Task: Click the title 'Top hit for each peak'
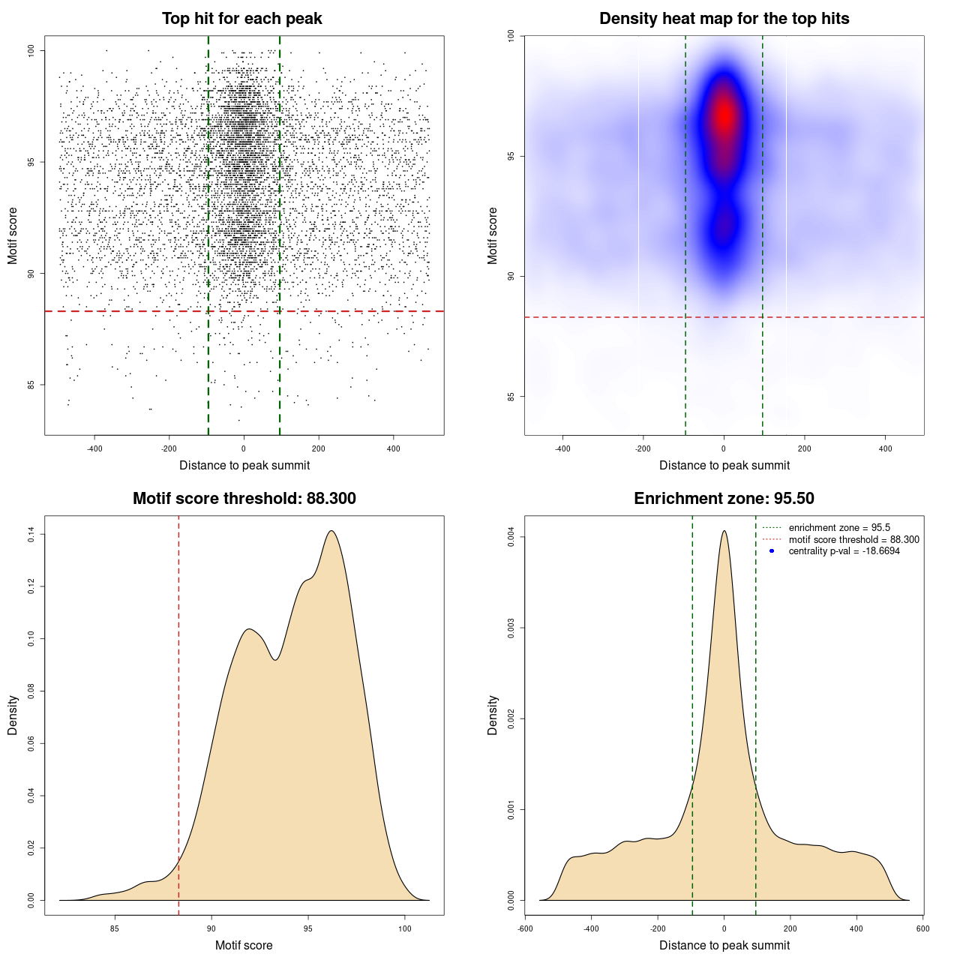pos(242,19)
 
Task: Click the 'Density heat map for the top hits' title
pos(724,19)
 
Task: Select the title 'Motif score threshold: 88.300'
pos(244,499)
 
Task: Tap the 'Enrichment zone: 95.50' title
pos(724,499)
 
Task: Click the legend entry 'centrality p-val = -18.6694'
pos(844,551)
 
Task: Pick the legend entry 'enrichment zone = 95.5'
pos(839,528)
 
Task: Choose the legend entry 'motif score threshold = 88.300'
pos(853,540)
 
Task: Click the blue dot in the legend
pos(772,551)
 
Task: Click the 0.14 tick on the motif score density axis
pos(31,534)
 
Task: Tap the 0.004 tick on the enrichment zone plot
pos(511,537)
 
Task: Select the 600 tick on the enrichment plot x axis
pos(922,928)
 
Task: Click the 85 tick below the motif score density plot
pos(115,928)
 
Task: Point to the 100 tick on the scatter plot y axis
pos(31,50)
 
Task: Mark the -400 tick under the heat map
pos(562,448)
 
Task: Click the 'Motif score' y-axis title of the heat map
pos(493,235)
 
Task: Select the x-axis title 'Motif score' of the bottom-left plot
pos(244,945)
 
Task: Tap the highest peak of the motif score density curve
pos(331,531)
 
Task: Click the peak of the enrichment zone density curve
pos(724,531)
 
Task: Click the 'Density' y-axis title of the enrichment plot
pos(493,715)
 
